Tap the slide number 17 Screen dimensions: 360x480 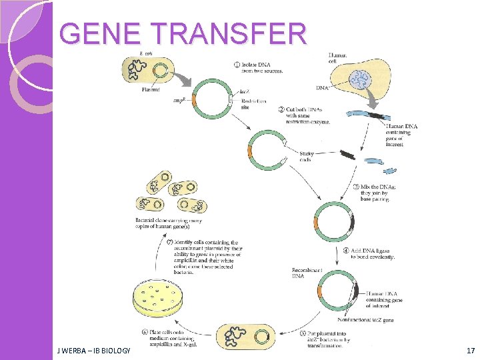click(471, 350)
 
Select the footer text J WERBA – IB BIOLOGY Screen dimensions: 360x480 click(94, 350)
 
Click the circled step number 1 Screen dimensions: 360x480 click(237, 65)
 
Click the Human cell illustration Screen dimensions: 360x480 click(358, 80)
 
